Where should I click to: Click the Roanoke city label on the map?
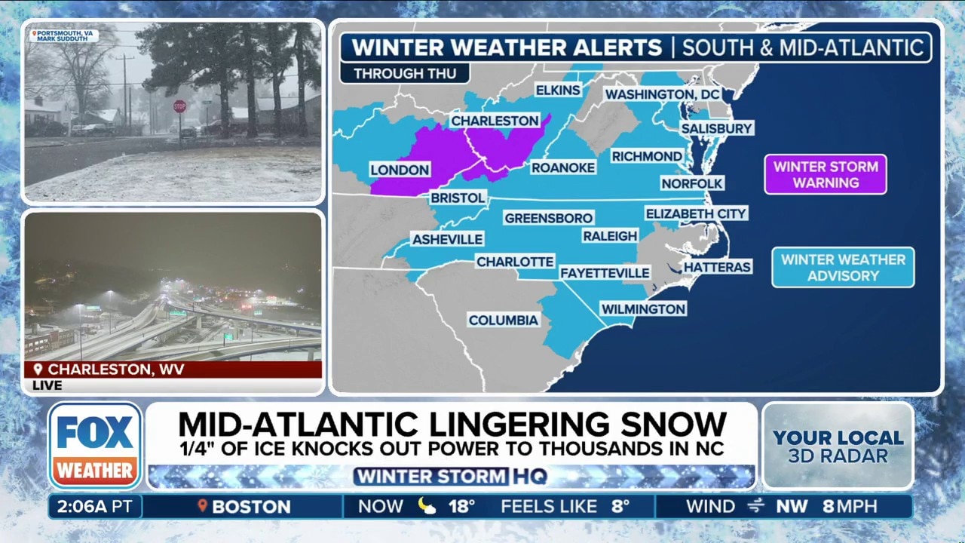(563, 168)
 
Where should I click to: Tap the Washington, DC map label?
(663, 94)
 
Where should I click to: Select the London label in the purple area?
(400, 170)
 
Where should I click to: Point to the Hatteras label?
(717, 267)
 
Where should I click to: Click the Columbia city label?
(503, 321)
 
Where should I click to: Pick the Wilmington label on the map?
(643, 308)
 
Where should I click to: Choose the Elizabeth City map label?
(696, 214)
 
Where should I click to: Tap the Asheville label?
(447, 239)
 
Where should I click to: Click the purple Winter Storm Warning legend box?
(826, 174)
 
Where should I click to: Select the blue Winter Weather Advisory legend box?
(843, 268)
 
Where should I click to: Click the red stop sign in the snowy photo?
(179, 106)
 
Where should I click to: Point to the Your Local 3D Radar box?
(838, 446)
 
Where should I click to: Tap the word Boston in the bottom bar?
(251, 507)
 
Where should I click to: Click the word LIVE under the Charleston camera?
(47, 385)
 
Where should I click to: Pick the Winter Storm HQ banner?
(451, 477)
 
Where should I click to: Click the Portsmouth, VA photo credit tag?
(64, 35)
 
